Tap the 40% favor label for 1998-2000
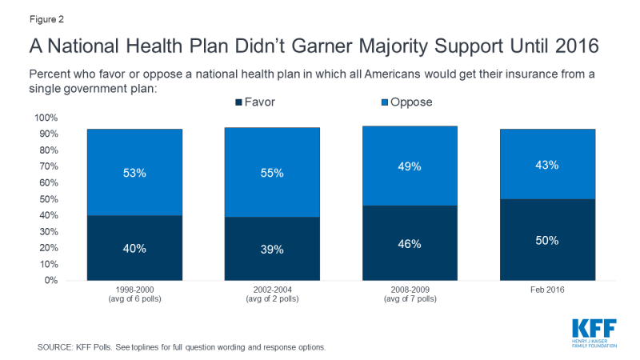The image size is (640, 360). click(134, 249)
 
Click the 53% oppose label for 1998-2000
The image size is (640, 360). click(134, 172)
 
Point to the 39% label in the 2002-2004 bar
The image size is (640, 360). click(272, 250)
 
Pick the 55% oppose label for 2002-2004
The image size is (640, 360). click(272, 172)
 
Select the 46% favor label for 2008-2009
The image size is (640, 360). click(410, 243)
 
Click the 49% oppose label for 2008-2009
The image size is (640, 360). click(410, 166)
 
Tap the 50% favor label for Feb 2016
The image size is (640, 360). click(548, 240)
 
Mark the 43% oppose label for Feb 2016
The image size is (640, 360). click(548, 165)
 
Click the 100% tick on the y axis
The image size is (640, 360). click(45, 118)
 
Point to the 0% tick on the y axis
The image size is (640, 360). click(50, 281)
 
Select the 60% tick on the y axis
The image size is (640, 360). click(47, 183)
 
